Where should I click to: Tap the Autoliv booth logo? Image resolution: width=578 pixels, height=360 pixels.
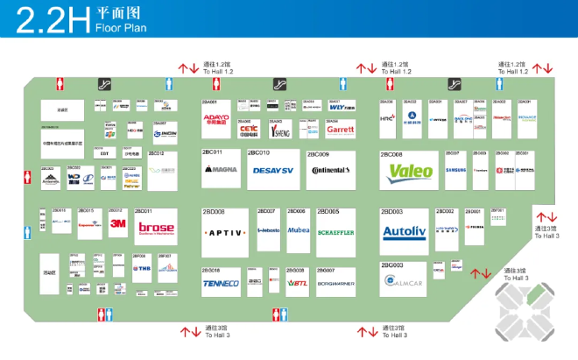click(404, 232)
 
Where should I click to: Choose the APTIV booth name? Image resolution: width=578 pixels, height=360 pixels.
click(225, 232)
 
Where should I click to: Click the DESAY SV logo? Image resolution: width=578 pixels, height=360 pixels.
click(272, 170)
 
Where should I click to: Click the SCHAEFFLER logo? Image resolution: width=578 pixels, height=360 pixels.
click(335, 232)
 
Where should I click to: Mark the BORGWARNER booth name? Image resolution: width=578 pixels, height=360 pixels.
click(335, 285)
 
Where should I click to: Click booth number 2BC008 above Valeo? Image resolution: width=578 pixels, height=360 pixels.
click(391, 154)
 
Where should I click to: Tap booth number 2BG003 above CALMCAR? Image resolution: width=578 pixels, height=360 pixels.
click(391, 265)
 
